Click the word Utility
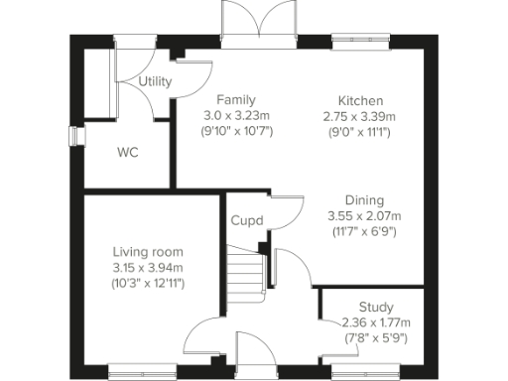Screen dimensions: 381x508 154,81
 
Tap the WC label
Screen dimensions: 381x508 127,153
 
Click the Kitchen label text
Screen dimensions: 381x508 360,101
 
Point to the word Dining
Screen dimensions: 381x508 364,199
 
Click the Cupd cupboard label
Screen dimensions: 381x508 247,220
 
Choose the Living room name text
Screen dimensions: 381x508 148,251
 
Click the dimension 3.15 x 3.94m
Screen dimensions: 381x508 148,267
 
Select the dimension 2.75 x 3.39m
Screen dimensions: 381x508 360,116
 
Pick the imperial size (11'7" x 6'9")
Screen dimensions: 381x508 364,231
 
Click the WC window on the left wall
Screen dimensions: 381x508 71,136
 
